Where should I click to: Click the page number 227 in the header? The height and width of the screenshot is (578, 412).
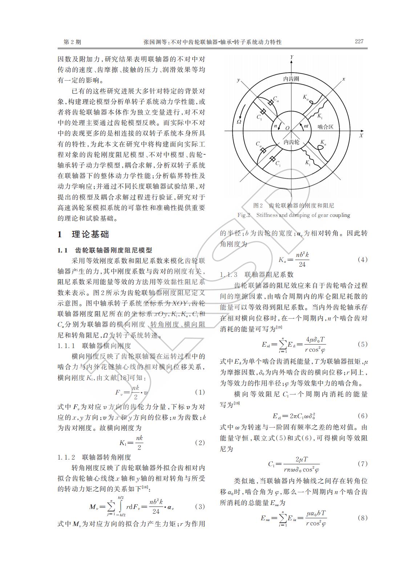point(359,41)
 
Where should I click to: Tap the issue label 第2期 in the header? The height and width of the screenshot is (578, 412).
point(72,42)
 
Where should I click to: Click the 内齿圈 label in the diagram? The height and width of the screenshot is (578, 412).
point(291,79)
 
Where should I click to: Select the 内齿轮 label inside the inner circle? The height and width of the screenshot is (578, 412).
point(291,142)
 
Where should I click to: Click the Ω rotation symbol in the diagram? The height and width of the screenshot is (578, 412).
point(239,122)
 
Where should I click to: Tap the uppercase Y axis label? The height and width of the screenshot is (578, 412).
point(292,57)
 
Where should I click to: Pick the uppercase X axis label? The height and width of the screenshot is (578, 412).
point(361,136)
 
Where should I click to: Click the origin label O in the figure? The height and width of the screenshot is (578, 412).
point(287,128)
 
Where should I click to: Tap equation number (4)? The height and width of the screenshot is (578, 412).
point(362,259)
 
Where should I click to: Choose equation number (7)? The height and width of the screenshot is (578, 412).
point(362,464)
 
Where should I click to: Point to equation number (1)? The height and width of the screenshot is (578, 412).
point(200,392)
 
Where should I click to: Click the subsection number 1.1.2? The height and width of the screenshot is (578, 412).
point(66,457)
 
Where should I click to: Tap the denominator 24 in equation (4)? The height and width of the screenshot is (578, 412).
point(302,264)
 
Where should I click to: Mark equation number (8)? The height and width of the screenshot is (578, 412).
point(362,518)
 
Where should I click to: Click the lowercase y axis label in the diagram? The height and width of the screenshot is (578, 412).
point(238,80)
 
